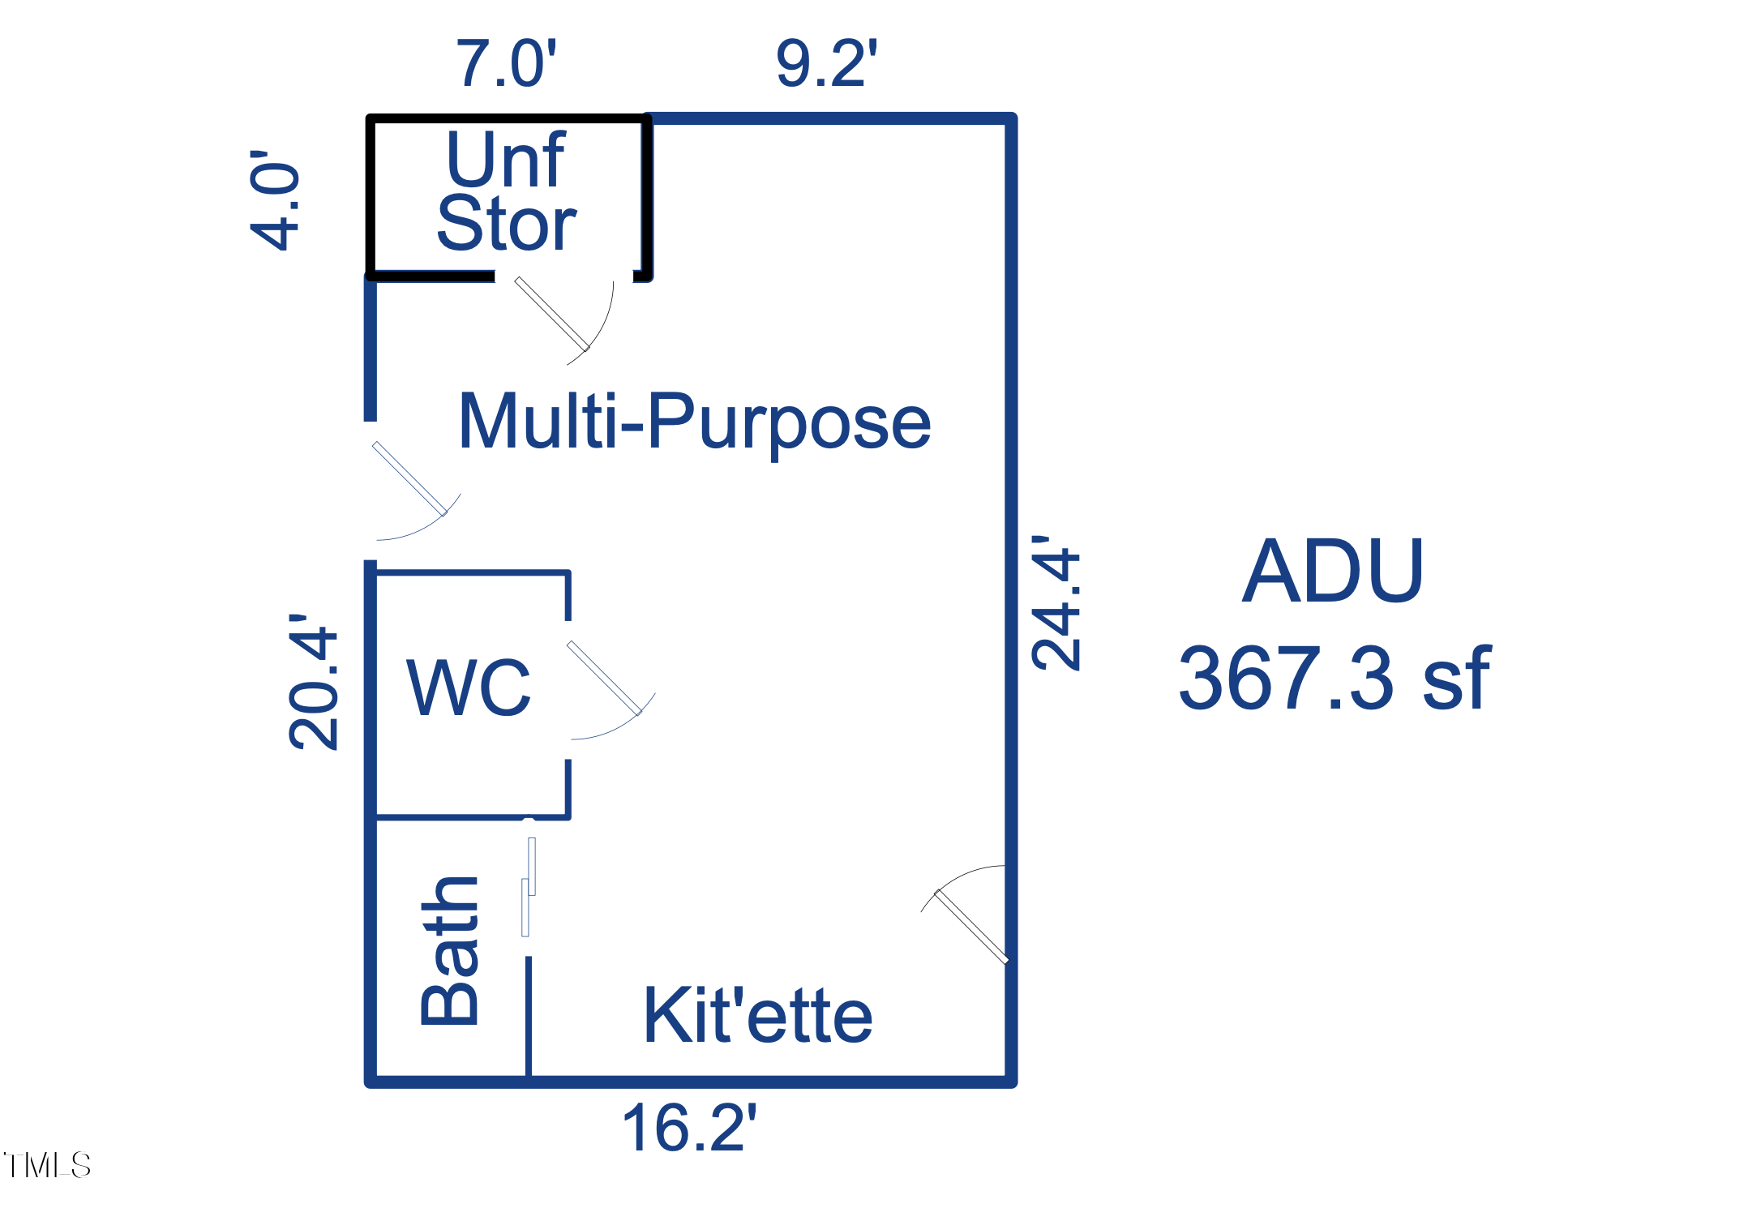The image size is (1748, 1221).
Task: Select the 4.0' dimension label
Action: [x=276, y=200]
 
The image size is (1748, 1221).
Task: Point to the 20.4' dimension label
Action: [x=314, y=682]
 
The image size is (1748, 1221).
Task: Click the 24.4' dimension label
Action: [x=1056, y=603]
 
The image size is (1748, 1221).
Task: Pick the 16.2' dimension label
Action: [x=688, y=1128]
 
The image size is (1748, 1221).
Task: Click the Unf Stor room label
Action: [x=507, y=191]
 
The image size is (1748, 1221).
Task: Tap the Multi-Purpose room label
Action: [x=694, y=422]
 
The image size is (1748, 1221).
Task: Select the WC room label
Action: [x=469, y=688]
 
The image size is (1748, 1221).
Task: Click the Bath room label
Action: [x=451, y=951]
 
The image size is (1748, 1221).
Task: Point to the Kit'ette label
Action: [x=757, y=1016]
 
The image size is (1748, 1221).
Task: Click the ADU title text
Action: [x=1333, y=572]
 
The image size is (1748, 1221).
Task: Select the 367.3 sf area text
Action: [x=1334, y=679]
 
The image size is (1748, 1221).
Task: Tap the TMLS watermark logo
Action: [x=47, y=1166]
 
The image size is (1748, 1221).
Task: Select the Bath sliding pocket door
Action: [x=529, y=887]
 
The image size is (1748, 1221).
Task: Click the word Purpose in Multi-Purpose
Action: [x=789, y=422]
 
